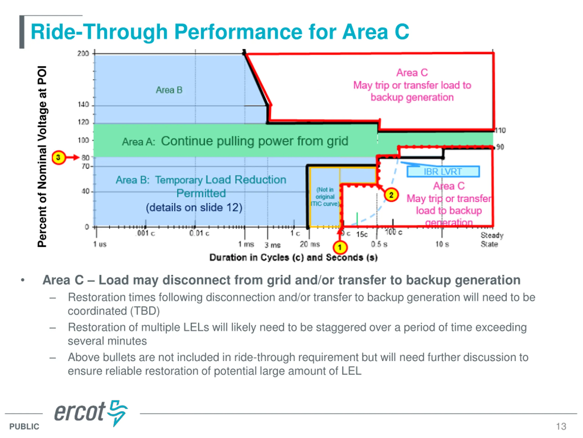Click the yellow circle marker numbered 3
[x=59, y=158]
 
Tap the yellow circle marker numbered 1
[x=340, y=247]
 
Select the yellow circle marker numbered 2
[x=391, y=195]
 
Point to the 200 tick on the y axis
[x=83, y=54]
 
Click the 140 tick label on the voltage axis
[x=83, y=105]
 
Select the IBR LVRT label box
[x=443, y=172]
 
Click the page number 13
[x=561, y=426]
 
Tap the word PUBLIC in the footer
[x=24, y=426]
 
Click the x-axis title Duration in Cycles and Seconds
[x=293, y=257]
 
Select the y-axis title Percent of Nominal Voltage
[x=42, y=156]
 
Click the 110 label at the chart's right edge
[x=500, y=130]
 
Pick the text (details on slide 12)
[x=194, y=208]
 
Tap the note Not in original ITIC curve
[x=325, y=197]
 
